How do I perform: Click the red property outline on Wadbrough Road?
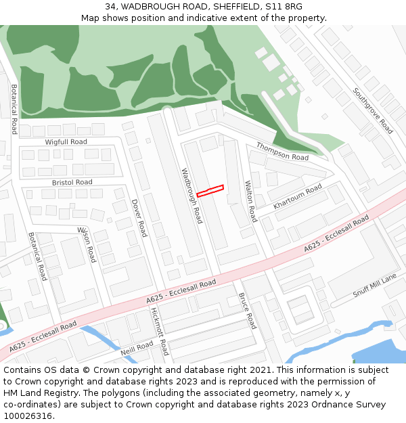[x=210, y=191]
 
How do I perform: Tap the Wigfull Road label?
[x=66, y=142]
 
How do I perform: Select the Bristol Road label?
[x=72, y=183]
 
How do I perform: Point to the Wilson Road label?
[x=87, y=244]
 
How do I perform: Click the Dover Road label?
[x=139, y=217]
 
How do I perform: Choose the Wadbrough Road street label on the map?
[x=191, y=196]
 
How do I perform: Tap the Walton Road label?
[x=250, y=201]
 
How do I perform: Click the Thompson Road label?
[x=282, y=152]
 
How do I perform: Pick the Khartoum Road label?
[x=298, y=197]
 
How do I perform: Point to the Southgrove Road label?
[x=373, y=110]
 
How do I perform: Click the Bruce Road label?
[x=247, y=311]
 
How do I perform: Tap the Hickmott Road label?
[x=160, y=331]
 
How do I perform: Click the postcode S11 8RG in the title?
[x=284, y=7]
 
